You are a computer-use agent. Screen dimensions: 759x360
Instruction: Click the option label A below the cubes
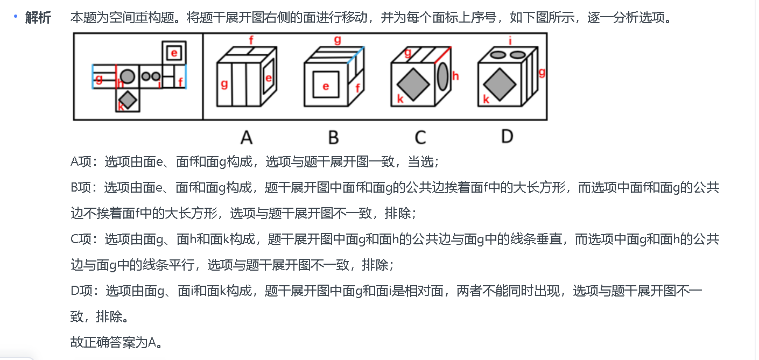[246, 138]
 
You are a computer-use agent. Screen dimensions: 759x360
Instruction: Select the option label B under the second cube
[333, 138]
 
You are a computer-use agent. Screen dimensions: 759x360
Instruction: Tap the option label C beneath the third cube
[420, 138]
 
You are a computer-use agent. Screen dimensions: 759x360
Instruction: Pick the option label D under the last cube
[507, 136]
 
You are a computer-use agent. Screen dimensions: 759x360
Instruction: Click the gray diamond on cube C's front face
[413, 84]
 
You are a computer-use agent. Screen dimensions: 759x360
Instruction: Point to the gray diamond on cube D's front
[499, 84]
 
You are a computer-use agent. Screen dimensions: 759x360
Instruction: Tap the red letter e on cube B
[326, 86]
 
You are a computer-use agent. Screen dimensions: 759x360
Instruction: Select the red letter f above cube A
[251, 39]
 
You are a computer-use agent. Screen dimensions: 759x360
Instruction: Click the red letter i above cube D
[510, 39]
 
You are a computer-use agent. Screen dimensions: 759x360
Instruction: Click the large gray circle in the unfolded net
[128, 76]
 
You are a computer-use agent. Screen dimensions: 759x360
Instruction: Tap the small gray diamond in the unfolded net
[128, 100]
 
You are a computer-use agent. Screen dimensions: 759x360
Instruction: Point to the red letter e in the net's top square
[174, 53]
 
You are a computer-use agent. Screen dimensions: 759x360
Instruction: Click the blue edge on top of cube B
[355, 55]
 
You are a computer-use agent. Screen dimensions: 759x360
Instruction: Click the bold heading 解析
[38, 18]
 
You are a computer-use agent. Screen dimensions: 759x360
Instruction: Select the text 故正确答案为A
[116, 342]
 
